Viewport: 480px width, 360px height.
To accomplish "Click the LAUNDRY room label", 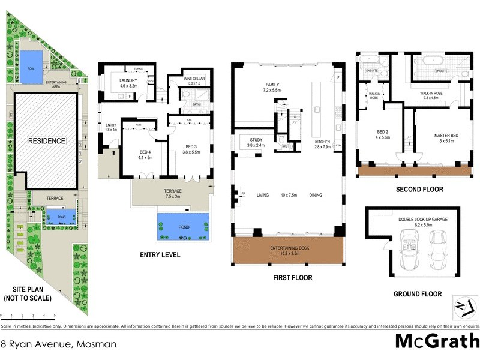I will click(x=129, y=80).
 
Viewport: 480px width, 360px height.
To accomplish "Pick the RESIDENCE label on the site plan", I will click(x=46, y=141).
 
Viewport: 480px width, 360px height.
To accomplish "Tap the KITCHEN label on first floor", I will click(x=323, y=141).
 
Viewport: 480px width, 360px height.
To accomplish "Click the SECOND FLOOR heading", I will click(x=419, y=190).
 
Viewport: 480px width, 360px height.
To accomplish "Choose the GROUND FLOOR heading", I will click(x=418, y=295).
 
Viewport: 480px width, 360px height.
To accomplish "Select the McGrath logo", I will click(x=437, y=341).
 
